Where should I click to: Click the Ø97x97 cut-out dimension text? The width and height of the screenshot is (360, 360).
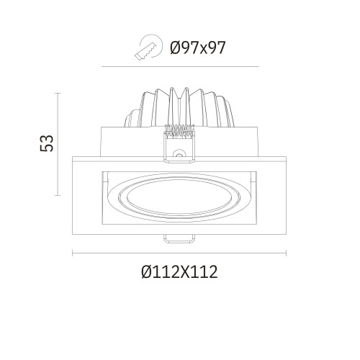(198, 48)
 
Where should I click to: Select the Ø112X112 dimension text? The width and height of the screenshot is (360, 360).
(180, 272)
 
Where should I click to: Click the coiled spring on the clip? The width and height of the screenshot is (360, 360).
(180, 131)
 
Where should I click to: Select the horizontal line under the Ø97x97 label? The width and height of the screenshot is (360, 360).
(180, 67)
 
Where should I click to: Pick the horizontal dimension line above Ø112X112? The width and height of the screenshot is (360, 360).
(180, 252)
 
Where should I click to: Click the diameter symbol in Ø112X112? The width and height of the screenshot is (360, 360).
(147, 272)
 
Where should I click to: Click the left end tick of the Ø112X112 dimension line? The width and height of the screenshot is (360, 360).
(73, 252)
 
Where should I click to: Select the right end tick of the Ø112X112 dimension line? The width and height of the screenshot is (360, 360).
(287, 252)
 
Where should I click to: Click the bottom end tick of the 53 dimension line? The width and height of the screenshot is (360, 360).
(58, 194)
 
